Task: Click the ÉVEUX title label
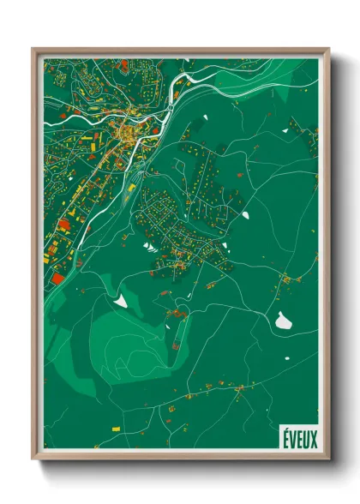tap(299, 439)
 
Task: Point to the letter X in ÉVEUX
tap(314, 439)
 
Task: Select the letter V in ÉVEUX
tap(292, 439)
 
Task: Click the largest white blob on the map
tap(283, 321)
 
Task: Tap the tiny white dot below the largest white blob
tap(282, 339)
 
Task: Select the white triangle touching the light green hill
tap(120, 300)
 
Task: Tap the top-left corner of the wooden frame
tap(33, 49)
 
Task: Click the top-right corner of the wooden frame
tap(328, 49)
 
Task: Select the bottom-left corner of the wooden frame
tap(33, 460)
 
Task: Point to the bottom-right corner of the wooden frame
tap(328, 460)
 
